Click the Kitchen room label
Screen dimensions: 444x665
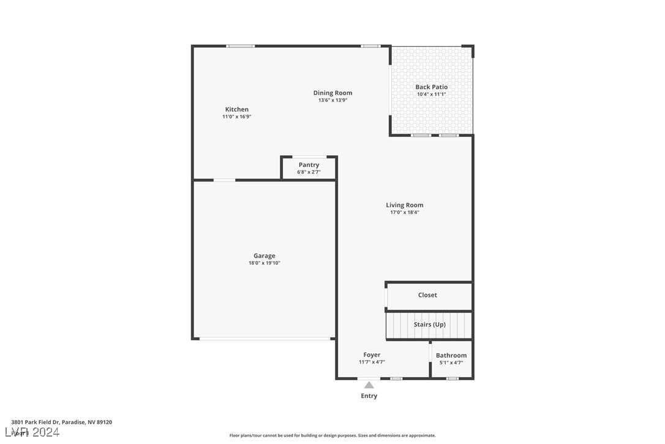tap(236, 109)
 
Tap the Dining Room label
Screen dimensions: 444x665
tap(333, 93)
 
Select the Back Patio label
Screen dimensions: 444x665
tap(431, 87)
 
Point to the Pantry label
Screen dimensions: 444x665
tap(309, 165)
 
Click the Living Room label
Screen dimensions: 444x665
tap(404, 205)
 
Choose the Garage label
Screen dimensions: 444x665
tap(265, 256)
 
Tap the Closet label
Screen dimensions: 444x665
tap(427, 295)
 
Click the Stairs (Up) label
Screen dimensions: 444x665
tap(429, 324)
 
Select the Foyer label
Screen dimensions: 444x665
tap(372, 354)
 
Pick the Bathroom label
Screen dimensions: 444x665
tap(451, 355)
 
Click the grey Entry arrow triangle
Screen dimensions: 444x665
tap(369, 385)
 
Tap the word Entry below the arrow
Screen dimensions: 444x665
tap(369, 396)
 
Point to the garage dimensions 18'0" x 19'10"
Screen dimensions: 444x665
tap(265, 263)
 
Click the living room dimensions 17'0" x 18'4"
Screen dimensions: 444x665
tap(404, 212)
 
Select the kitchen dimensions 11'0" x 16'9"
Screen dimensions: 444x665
tap(236, 117)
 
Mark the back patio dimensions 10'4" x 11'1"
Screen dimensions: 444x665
tap(431, 94)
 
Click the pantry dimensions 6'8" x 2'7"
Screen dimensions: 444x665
tap(309, 172)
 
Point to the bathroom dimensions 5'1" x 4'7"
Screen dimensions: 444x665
tap(451, 362)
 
